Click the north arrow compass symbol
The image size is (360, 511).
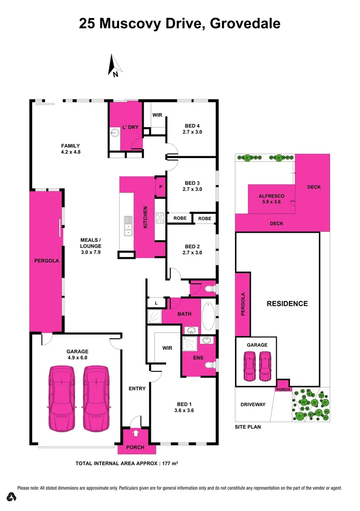coord(114,65)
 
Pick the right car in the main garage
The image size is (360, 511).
coord(96,398)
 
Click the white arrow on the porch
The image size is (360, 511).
coord(136,432)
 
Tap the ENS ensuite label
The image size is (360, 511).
coord(198,358)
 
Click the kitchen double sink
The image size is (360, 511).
coord(128,226)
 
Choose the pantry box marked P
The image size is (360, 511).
coord(160,186)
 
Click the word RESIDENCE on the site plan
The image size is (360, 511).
coord(287,304)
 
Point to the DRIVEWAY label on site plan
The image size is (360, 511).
coord(253,405)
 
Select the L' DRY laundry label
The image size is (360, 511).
coord(130,127)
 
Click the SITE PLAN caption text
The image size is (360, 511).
coord(248,427)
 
